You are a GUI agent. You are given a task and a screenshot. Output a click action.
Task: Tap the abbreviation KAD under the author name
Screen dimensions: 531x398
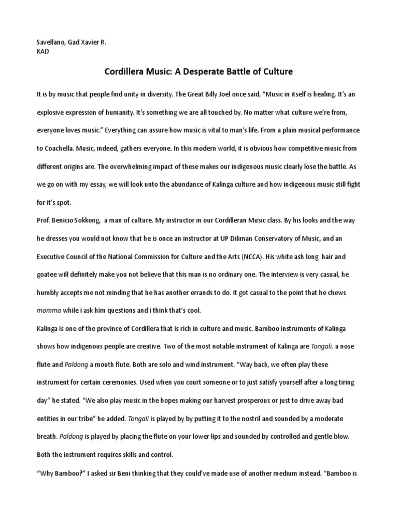(x=43, y=52)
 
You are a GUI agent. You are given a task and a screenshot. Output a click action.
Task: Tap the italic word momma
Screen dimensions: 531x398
(x=47, y=310)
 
